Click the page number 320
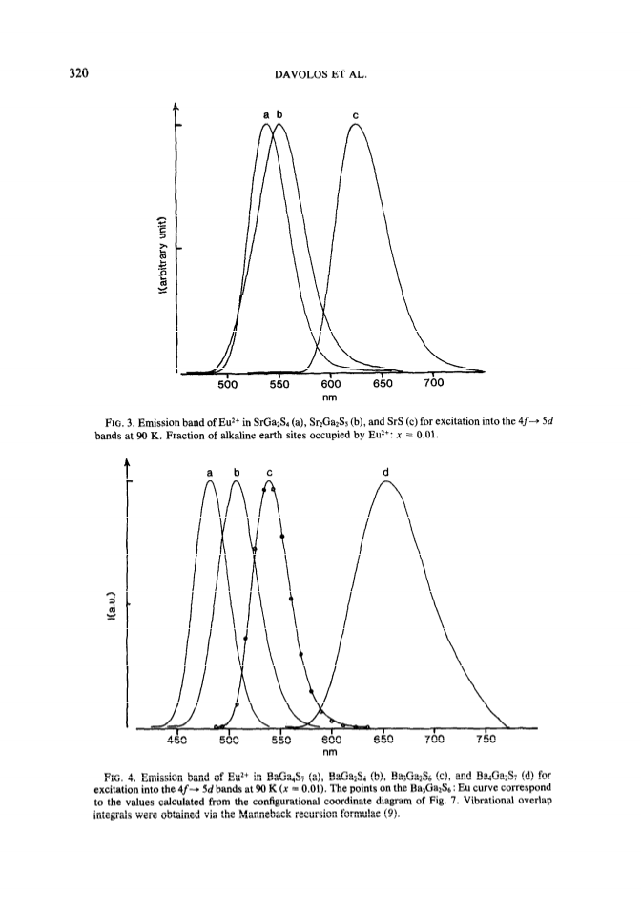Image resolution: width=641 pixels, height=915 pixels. [x=78, y=73]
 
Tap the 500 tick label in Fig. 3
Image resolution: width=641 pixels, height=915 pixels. [x=228, y=384]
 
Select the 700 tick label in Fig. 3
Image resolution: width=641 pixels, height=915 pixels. [x=434, y=383]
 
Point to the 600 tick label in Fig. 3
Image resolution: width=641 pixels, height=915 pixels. [x=331, y=384]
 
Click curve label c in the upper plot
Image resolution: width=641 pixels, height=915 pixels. [x=356, y=115]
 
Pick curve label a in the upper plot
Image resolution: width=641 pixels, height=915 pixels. [x=265, y=114]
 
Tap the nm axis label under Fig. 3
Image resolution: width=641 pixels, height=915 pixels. [x=330, y=397]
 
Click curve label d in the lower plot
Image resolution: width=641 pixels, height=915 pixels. [x=385, y=471]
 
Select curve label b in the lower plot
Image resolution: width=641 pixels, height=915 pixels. [x=237, y=472]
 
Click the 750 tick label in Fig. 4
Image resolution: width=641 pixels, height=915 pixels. [x=486, y=740]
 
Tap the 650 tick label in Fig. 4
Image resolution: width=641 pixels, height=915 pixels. [x=383, y=740]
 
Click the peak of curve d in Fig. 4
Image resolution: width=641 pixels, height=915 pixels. [x=386, y=480]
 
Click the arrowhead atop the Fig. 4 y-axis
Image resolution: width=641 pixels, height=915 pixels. [x=127, y=461]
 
